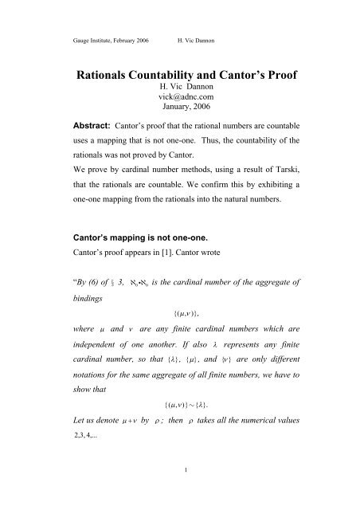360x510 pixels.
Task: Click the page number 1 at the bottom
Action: pyautogui.click(x=181, y=489)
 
